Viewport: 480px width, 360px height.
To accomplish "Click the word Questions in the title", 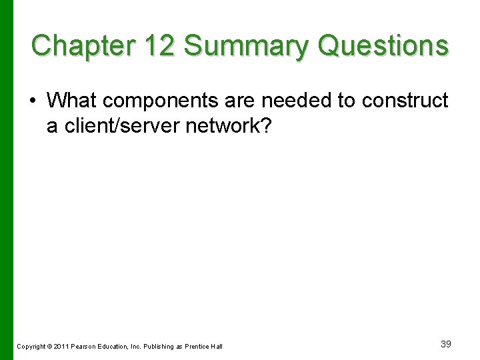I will [x=383, y=46].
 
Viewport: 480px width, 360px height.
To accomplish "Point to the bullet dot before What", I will [x=33, y=101].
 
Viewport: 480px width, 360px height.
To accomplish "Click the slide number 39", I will [x=446, y=344].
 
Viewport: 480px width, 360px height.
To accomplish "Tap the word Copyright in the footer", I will [x=31, y=347].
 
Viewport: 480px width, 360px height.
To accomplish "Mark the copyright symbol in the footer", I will [x=51, y=347].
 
